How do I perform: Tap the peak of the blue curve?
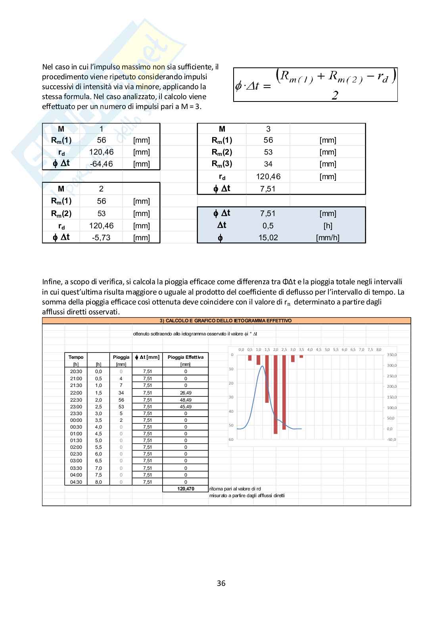tap(262, 366)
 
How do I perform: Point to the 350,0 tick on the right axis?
tap(391, 355)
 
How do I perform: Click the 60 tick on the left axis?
tap(231, 439)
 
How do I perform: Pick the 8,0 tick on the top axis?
tap(379, 350)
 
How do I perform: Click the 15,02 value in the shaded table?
tap(268, 238)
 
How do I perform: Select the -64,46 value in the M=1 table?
tap(101, 164)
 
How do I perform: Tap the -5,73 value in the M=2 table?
tap(101, 237)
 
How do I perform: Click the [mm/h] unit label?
tap(328, 238)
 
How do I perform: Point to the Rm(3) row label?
tap(222, 164)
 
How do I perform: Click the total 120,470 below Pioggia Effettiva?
tap(186, 489)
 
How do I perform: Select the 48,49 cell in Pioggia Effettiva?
tap(186, 400)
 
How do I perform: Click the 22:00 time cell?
tap(76, 393)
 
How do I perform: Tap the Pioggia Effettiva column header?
tap(186, 357)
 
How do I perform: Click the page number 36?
tap(221, 583)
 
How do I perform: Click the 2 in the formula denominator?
tap(335, 95)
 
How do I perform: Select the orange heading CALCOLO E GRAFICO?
tap(226, 321)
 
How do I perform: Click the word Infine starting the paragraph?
tap(52, 282)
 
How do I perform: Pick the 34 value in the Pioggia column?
tap(121, 393)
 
